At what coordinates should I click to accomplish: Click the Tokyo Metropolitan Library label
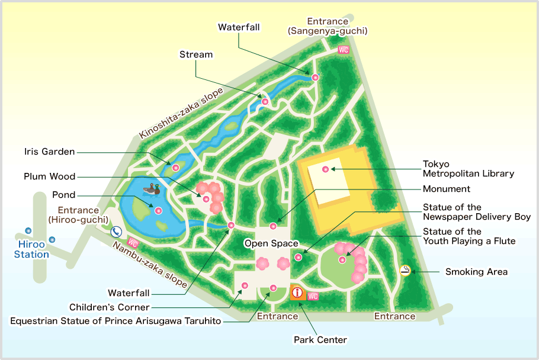(468, 169)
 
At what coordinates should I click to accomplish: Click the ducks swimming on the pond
(152, 189)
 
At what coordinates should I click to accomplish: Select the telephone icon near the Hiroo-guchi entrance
(116, 232)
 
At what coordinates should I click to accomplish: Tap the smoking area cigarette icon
(405, 271)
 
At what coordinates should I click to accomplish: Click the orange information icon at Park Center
(297, 292)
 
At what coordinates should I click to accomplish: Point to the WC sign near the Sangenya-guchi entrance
(343, 50)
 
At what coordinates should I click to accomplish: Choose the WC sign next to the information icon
(313, 296)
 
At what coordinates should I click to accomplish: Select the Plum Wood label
(50, 176)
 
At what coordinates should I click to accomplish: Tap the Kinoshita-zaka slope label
(181, 113)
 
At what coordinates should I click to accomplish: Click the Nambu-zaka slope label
(150, 265)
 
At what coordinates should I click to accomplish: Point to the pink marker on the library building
(325, 169)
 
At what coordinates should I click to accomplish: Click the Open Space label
(271, 243)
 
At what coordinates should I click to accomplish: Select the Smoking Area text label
(476, 272)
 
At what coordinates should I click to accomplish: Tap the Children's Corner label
(109, 307)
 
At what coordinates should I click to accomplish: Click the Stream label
(196, 54)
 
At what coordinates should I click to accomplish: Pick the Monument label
(446, 189)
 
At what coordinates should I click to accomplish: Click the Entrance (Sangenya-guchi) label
(328, 26)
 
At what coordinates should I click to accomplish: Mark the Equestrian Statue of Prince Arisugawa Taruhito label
(115, 321)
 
